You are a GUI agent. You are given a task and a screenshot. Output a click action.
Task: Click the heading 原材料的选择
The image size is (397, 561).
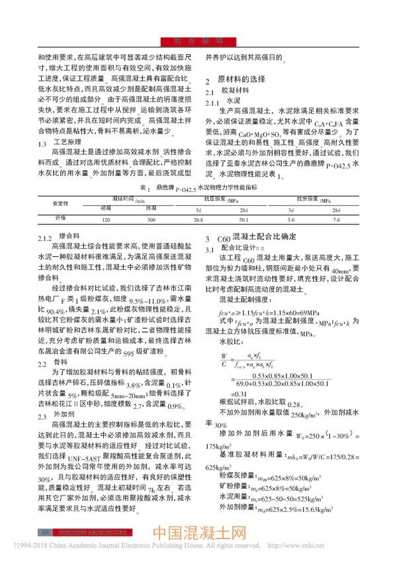pyautogui.click(x=242, y=78)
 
